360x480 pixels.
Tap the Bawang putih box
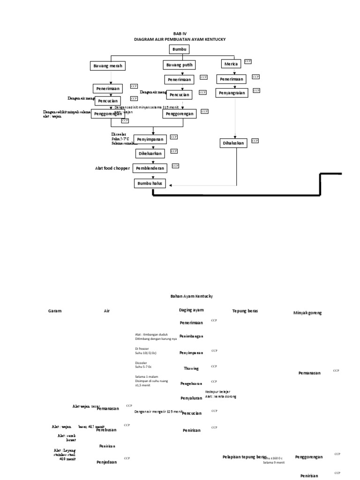click(179, 65)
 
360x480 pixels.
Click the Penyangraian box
click(232, 93)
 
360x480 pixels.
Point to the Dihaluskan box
click(233, 143)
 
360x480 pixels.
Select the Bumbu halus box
click(150, 183)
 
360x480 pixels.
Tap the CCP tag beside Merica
click(248, 61)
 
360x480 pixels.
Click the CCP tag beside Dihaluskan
click(255, 141)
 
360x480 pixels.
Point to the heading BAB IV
click(180, 34)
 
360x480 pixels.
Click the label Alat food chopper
click(112, 168)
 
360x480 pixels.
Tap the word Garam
click(54, 311)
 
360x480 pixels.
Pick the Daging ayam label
click(191, 310)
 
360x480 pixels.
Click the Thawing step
click(191, 368)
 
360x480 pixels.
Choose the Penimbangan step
click(191, 337)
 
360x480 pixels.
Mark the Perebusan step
click(106, 430)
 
